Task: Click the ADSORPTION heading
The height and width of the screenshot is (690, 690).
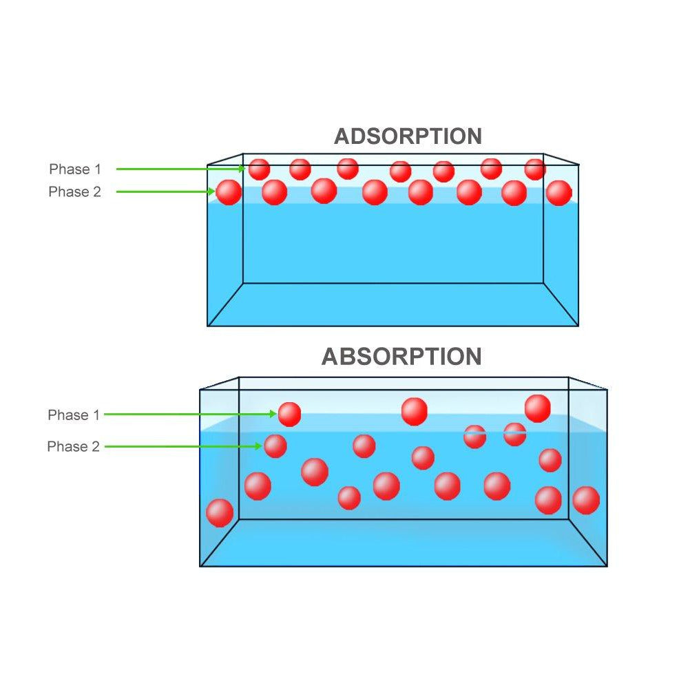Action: [x=408, y=136]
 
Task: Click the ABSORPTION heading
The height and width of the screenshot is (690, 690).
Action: [x=401, y=357]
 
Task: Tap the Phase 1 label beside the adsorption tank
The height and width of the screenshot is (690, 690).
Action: [x=75, y=169]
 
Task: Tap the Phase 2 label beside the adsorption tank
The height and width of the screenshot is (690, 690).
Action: [x=75, y=192]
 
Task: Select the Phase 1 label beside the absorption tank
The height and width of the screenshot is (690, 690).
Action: [x=74, y=415]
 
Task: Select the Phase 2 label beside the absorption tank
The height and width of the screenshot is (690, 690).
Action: [x=73, y=447]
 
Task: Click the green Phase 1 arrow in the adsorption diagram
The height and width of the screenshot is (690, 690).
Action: [x=180, y=169]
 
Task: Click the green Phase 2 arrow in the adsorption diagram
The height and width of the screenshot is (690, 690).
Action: [x=165, y=191]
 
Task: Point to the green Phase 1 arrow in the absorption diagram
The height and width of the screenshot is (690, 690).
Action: [x=190, y=414]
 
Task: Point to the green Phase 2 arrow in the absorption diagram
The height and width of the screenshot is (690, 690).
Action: [x=183, y=446]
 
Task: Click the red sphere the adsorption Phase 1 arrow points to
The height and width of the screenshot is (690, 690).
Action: [x=259, y=169]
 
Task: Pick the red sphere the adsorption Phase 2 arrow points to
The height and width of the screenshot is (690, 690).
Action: [x=229, y=192]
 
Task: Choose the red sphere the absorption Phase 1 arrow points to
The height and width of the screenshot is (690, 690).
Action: [x=289, y=414]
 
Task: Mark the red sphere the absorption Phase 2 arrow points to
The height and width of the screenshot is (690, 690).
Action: [x=275, y=446]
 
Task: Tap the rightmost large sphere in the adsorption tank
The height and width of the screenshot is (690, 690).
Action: [x=559, y=193]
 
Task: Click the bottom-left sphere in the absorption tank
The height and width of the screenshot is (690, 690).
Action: [x=220, y=513]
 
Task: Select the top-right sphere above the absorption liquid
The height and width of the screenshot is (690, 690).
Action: [x=538, y=408]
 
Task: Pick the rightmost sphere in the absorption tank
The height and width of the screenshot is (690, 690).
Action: [x=586, y=501]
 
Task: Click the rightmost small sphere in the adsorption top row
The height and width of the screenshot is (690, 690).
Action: [x=535, y=169]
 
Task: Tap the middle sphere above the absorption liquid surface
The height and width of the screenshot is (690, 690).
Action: [x=415, y=412]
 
